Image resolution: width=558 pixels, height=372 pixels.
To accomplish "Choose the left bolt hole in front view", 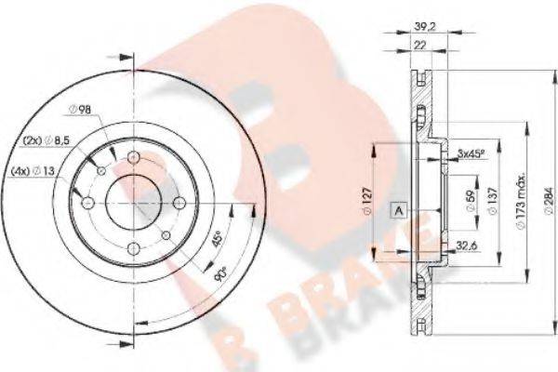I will (x=87, y=202).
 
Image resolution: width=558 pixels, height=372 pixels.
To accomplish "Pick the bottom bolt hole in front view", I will (x=135, y=248).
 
